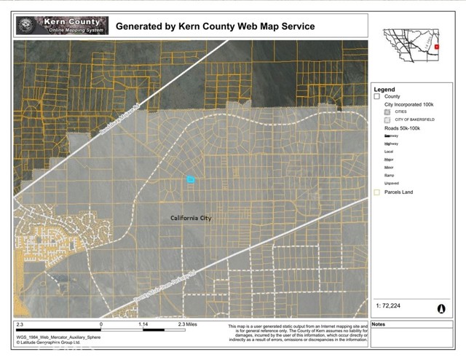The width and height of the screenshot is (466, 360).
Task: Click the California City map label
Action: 191,218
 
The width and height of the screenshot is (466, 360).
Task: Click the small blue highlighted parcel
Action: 191,179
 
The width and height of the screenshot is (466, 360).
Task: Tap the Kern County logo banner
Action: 62,26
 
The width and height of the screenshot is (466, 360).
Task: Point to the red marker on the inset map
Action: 437,47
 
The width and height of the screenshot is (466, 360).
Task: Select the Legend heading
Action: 385,89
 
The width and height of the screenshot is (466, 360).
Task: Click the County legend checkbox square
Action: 377,96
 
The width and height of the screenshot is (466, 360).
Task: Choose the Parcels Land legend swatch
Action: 377,193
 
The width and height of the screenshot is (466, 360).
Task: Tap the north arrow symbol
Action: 441,309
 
